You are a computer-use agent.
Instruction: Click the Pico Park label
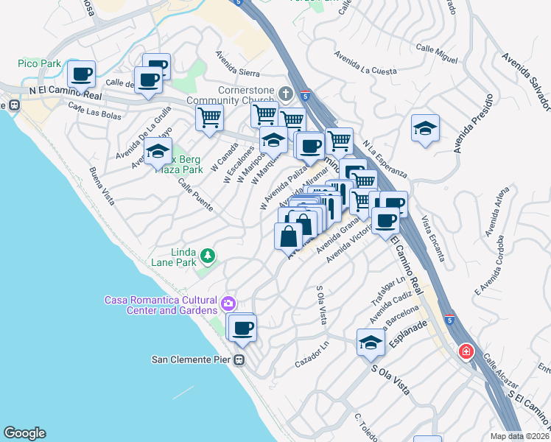tap(41, 64)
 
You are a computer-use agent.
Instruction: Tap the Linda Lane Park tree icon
tap(209, 256)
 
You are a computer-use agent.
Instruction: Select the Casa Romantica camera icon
tap(228, 302)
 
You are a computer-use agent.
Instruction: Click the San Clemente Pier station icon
tap(239, 360)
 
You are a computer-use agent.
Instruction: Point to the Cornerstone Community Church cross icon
tap(287, 94)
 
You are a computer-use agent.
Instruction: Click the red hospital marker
tap(466, 351)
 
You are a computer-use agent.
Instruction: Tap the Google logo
tap(24, 433)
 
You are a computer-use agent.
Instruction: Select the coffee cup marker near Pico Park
tap(82, 74)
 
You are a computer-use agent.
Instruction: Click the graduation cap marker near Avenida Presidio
tap(425, 128)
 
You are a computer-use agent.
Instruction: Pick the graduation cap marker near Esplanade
tap(371, 342)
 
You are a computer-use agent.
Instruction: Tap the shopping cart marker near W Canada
tap(209, 116)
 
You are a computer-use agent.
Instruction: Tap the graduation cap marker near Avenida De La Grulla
tap(158, 152)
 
